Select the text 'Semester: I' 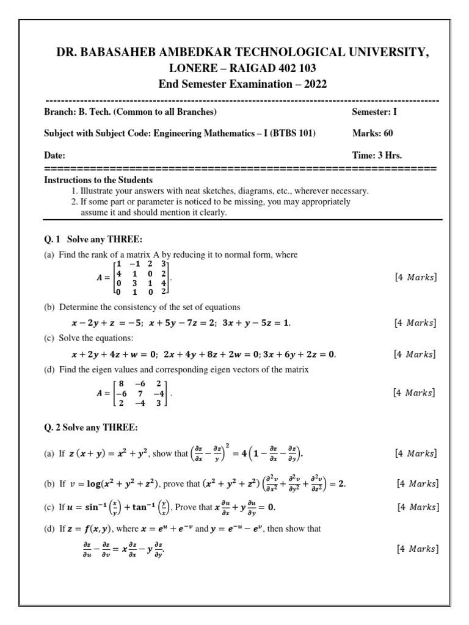pyautogui.click(x=374, y=112)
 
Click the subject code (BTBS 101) pyautogui.click(x=290, y=133)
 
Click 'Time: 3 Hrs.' pyautogui.click(x=377, y=155)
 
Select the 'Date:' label pyautogui.click(x=55, y=156)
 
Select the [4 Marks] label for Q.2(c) pyautogui.click(x=417, y=507)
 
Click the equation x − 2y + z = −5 pyautogui.click(x=106, y=323)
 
